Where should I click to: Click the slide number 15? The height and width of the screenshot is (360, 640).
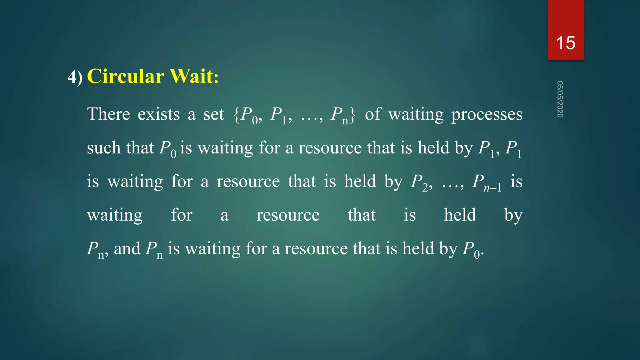tap(566, 43)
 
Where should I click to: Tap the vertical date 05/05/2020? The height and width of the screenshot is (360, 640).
tap(560, 99)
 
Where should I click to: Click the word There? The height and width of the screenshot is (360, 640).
tap(108, 114)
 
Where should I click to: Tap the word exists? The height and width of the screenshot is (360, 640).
tap(159, 114)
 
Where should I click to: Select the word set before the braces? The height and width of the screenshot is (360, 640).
tap(214, 114)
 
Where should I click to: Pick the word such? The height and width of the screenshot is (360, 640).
tap(103, 148)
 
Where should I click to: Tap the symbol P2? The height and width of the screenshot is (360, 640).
tap(420, 182)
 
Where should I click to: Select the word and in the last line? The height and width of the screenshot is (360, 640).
tap(127, 249)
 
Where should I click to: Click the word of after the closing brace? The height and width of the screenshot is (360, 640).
tap(373, 114)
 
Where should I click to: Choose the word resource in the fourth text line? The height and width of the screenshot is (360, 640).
tap(288, 215)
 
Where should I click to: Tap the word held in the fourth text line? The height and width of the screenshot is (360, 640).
tap(460, 215)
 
